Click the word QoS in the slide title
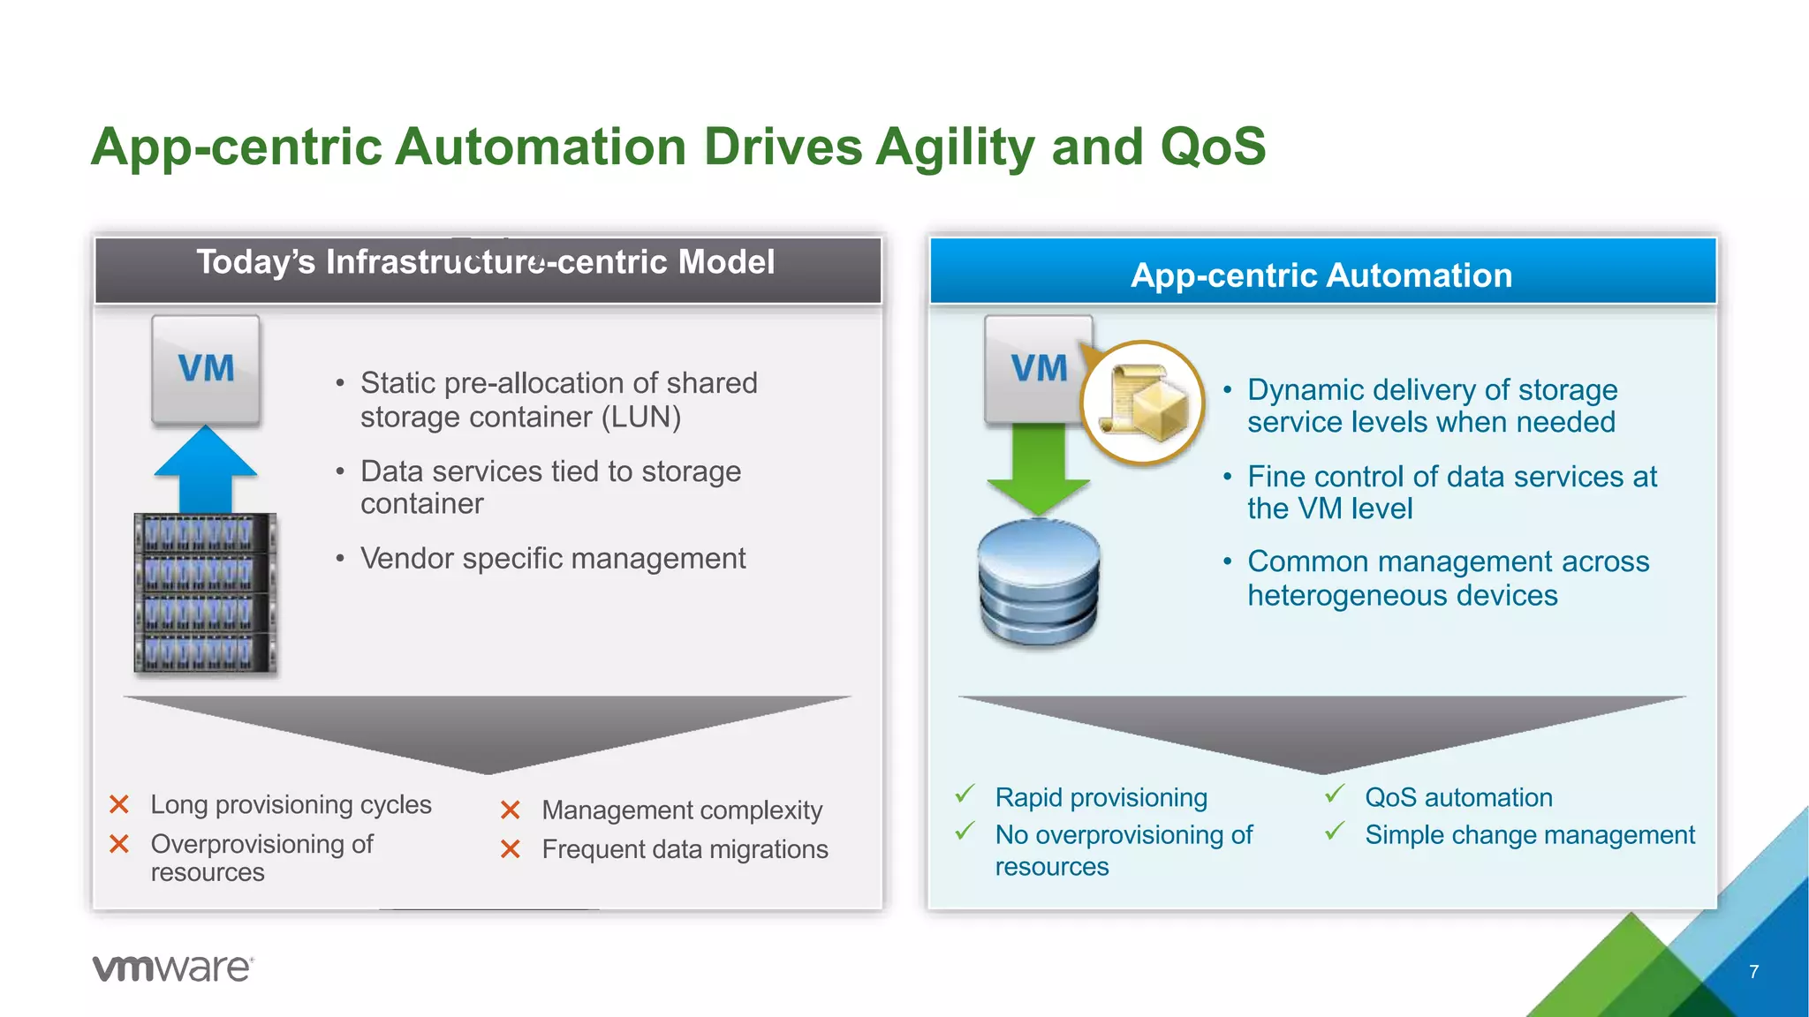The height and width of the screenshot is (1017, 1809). tap(1213, 147)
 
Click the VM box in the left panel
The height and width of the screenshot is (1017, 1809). tap(206, 369)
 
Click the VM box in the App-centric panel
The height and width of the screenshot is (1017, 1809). tap(1033, 369)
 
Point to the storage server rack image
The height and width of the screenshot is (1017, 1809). tap(205, 594)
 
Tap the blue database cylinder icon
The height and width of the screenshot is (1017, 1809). tap(1039, 583)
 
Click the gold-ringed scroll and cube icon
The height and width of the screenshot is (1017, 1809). tap(1143, 403)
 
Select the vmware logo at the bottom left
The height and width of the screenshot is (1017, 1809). tap(173, 968)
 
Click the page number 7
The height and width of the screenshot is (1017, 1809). tap(1753, 971)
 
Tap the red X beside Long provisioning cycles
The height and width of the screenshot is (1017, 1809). tap(119, 804)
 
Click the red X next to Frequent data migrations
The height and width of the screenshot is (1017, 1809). tap(511, 849)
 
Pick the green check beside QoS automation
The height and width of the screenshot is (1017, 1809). tap(1335, 795)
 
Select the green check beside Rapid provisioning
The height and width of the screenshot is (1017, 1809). tap(965, 795)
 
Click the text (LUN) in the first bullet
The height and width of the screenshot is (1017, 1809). tap(641, 418)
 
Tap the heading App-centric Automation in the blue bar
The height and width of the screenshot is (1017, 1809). tap(1321, 275)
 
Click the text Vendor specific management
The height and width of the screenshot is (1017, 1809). tap(553, 559)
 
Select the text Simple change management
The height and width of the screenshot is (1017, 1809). tap(1529, 835)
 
